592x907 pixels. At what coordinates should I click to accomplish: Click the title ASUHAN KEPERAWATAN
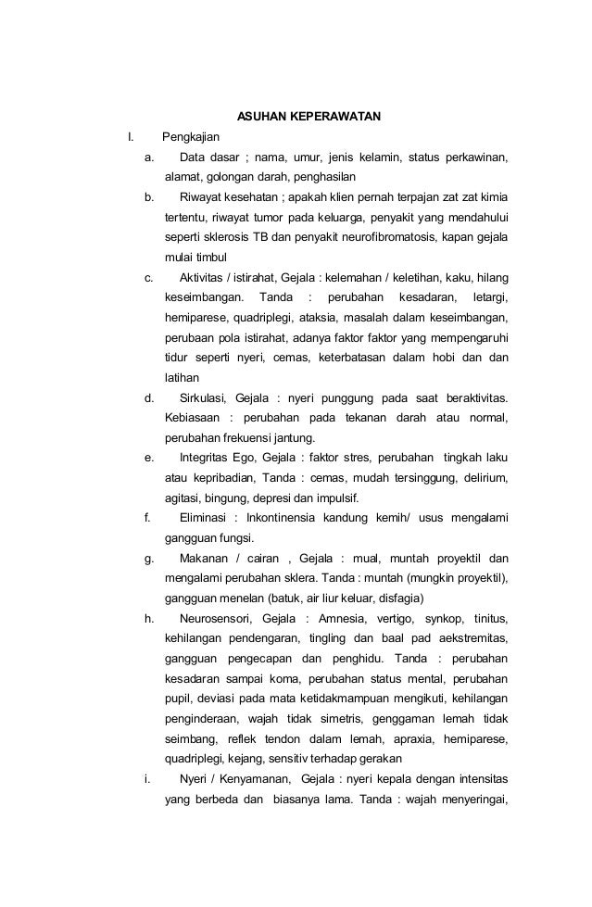309,119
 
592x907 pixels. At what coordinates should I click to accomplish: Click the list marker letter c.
148,277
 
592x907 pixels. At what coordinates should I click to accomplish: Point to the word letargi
490,297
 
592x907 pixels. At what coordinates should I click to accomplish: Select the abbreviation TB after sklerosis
259,237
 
